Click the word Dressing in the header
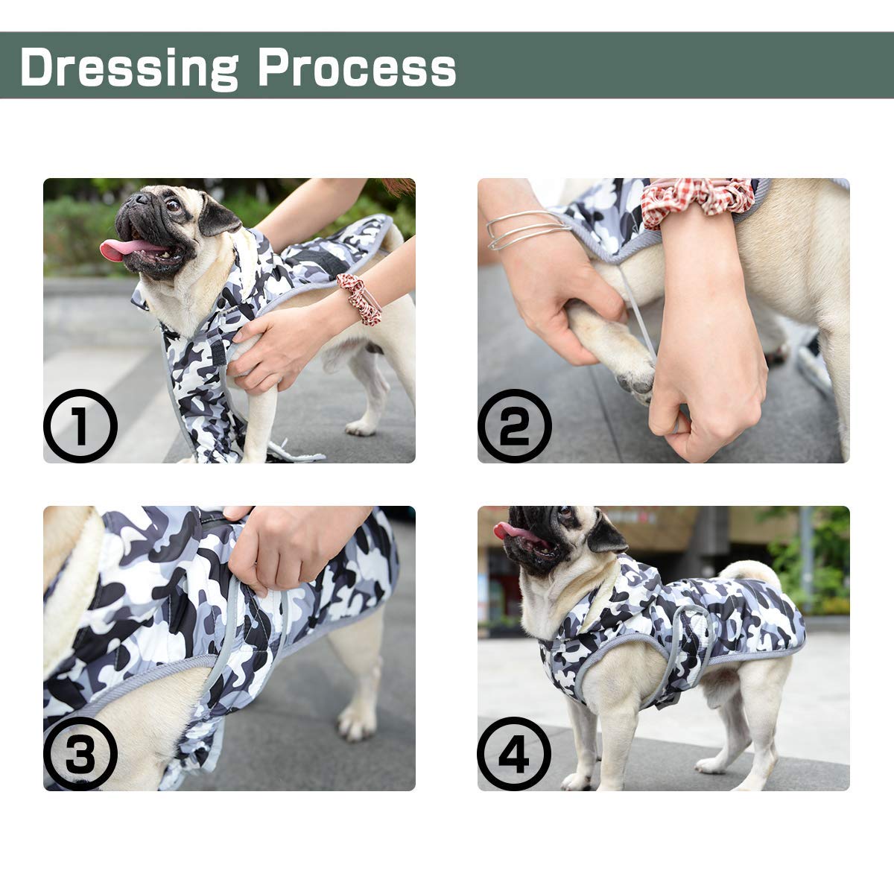pos(130,68)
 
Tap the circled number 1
pos(80,425)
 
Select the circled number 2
pos(515,425)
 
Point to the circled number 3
pos(80,753)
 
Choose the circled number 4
pos(515,753)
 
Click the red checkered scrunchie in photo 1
pos(358,298)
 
